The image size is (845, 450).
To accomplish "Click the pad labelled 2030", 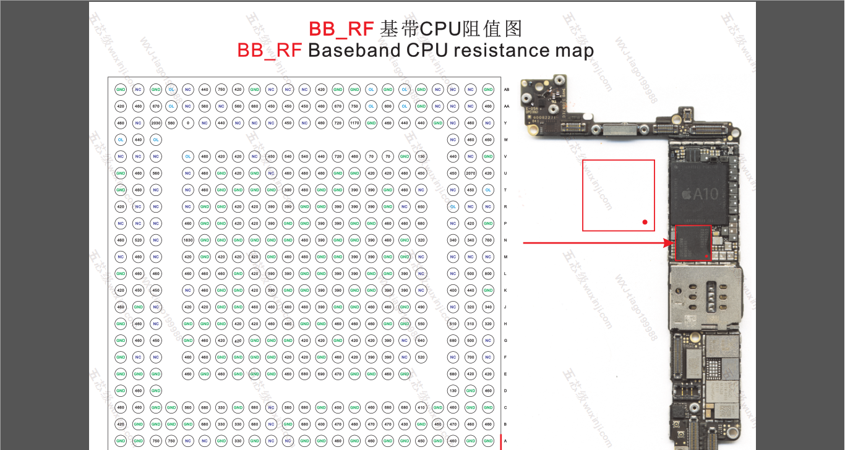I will pos(156,123).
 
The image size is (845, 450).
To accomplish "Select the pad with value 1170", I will pos(354,123).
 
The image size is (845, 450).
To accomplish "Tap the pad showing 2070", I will pos(471,173).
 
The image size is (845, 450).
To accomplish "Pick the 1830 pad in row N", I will pos(188,240).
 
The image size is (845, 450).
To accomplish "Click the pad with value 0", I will pos(188,123).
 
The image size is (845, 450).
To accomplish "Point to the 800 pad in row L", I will pos(488,273).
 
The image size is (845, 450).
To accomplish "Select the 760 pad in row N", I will pos(488,240).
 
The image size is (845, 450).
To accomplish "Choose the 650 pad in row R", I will pos(421,206).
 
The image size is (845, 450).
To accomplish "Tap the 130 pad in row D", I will pos(453,390).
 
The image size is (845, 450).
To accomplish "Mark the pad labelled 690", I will pos(321,373).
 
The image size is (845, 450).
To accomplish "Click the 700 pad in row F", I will pos(471,357).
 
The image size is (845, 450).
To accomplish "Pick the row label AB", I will pos(507,90).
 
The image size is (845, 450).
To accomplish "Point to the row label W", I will pos(505,140).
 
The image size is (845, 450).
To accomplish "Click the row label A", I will pos(505,441).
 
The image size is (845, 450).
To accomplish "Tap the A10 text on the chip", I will pos(705,194).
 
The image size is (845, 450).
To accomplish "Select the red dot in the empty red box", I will pos(645,222).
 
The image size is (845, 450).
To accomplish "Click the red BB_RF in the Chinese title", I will pos(341,28).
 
